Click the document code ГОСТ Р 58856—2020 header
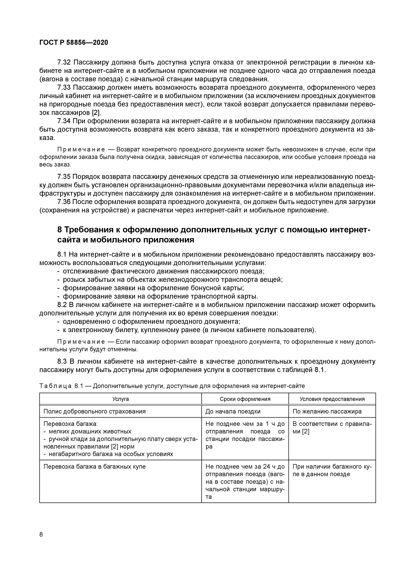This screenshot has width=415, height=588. pos(74,43)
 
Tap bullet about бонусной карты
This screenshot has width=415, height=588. pos(153,288)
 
